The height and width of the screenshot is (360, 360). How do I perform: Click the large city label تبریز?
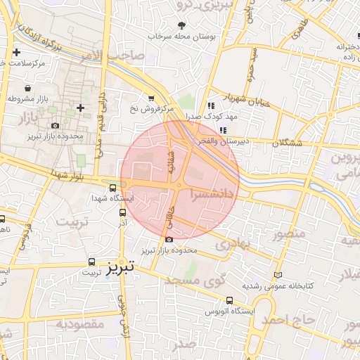click(124, 268)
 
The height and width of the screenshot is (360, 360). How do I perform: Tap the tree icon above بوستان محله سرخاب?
click(183, 25)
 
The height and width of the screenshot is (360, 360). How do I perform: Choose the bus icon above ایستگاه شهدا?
click(113, 187)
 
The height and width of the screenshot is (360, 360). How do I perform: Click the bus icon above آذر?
click(123, 212)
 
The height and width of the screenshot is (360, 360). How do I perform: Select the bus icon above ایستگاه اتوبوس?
click(229, 300)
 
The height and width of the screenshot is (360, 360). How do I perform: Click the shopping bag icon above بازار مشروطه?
click(27, 89)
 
